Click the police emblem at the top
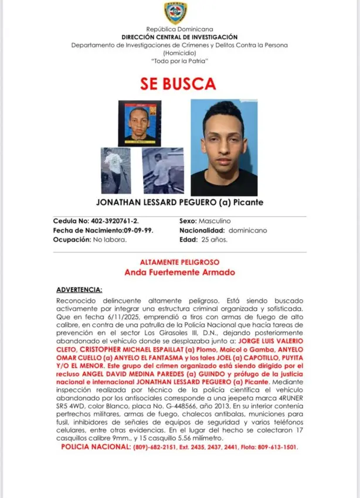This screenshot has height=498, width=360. [176, 13]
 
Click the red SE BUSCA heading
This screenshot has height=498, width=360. [178, 83]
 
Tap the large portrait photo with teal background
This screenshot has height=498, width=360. [224, 147]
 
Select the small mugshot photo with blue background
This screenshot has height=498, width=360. [140, 123]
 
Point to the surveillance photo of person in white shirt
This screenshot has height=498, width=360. [116, 170]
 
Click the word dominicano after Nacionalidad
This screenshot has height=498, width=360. [247, 231]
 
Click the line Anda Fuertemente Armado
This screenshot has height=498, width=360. [179, 272]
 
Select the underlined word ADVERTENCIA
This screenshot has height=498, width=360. [79, 289]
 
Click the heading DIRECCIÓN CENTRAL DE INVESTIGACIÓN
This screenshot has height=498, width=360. [180, 36]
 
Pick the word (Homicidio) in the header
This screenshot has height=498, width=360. [180, 53]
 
